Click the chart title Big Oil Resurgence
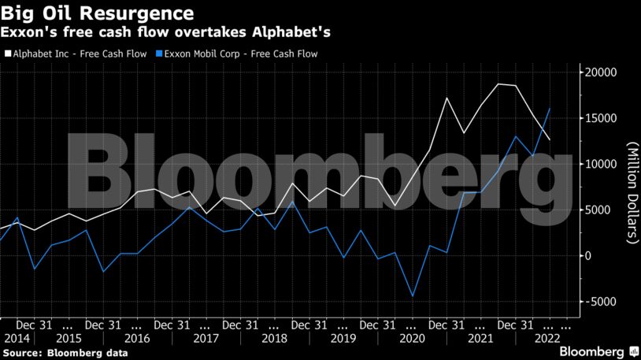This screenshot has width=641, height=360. click(98, 13)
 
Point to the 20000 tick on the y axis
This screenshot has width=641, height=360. click(599, 72)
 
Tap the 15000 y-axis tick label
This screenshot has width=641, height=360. click(599, 118)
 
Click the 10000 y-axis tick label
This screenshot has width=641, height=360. click(599, 164)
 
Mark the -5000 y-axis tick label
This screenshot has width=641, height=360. click(601, 302)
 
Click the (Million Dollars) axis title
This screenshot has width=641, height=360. click(631, 193)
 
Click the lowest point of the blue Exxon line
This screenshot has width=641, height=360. click(413, 297)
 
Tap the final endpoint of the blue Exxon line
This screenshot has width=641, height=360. click(549, 109)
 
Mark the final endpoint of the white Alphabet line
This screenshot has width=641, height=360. click(549, 139)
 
